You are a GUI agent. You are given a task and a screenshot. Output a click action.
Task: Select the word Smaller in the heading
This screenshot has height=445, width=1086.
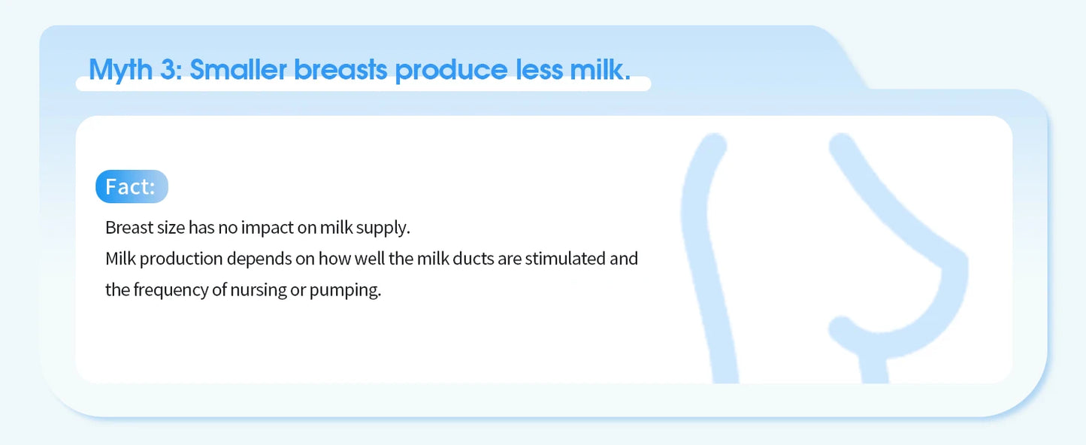click(x=237, y=70)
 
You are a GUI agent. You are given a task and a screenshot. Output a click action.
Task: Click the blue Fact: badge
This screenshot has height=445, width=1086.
click(x=132, y=186)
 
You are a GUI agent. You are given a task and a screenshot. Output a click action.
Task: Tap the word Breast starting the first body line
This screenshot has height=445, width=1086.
click(x=127, y=228)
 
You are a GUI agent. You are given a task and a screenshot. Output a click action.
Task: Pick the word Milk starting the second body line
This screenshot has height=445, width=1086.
click(x=120, y=259)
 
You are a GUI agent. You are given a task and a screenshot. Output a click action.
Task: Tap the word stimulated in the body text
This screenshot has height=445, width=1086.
click(x=564, y=259)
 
